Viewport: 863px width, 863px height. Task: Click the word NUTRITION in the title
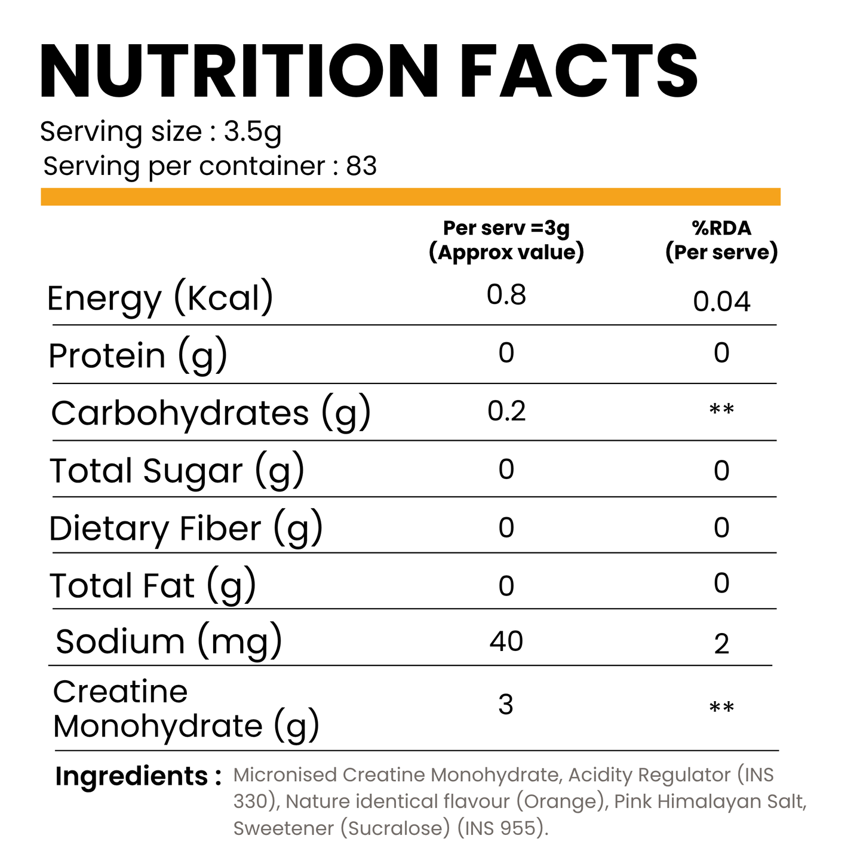(239, 72)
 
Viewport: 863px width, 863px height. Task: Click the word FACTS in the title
(578, 72)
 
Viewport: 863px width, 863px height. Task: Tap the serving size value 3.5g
(252, 131)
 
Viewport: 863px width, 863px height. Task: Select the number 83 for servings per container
(361, 166)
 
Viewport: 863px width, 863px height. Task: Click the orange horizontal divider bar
(410, 196)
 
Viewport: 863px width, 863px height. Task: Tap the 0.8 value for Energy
(506, 295)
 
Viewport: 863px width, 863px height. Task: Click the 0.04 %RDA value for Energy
(721, 302)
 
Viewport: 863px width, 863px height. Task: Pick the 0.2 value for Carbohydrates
(506, 411)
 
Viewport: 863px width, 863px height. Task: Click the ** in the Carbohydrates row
(721, 410)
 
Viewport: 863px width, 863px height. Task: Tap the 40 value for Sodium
(506, 641)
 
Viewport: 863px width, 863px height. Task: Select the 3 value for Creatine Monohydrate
(506, 705)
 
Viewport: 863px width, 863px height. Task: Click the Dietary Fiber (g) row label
(186, 529)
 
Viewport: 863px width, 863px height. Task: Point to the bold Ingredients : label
(138, 776)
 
